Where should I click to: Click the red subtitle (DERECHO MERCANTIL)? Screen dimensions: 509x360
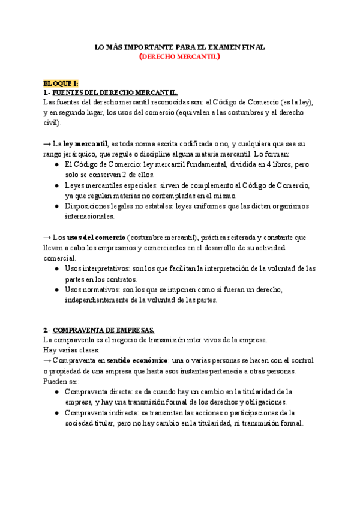[180, 58]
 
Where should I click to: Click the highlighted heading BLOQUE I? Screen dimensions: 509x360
[61, 83]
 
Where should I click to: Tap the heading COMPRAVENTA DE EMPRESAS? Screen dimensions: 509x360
[103, 330]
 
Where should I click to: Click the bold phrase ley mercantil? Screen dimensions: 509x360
[86, 144]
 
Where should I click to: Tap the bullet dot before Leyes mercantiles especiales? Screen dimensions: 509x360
[57, 185]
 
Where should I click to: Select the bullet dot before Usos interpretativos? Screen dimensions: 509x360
[57, 268]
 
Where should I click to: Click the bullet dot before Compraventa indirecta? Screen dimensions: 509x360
[57, 412]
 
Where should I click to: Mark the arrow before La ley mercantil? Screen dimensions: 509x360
[47, 144]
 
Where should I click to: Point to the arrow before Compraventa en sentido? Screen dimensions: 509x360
[47, 361]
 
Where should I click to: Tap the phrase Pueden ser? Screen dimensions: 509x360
[62, 381]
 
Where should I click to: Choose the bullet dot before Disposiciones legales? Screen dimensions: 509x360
[57, 206]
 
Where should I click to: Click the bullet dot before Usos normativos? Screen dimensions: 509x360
[57, 289]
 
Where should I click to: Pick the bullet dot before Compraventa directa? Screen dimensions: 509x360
[57, 392]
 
